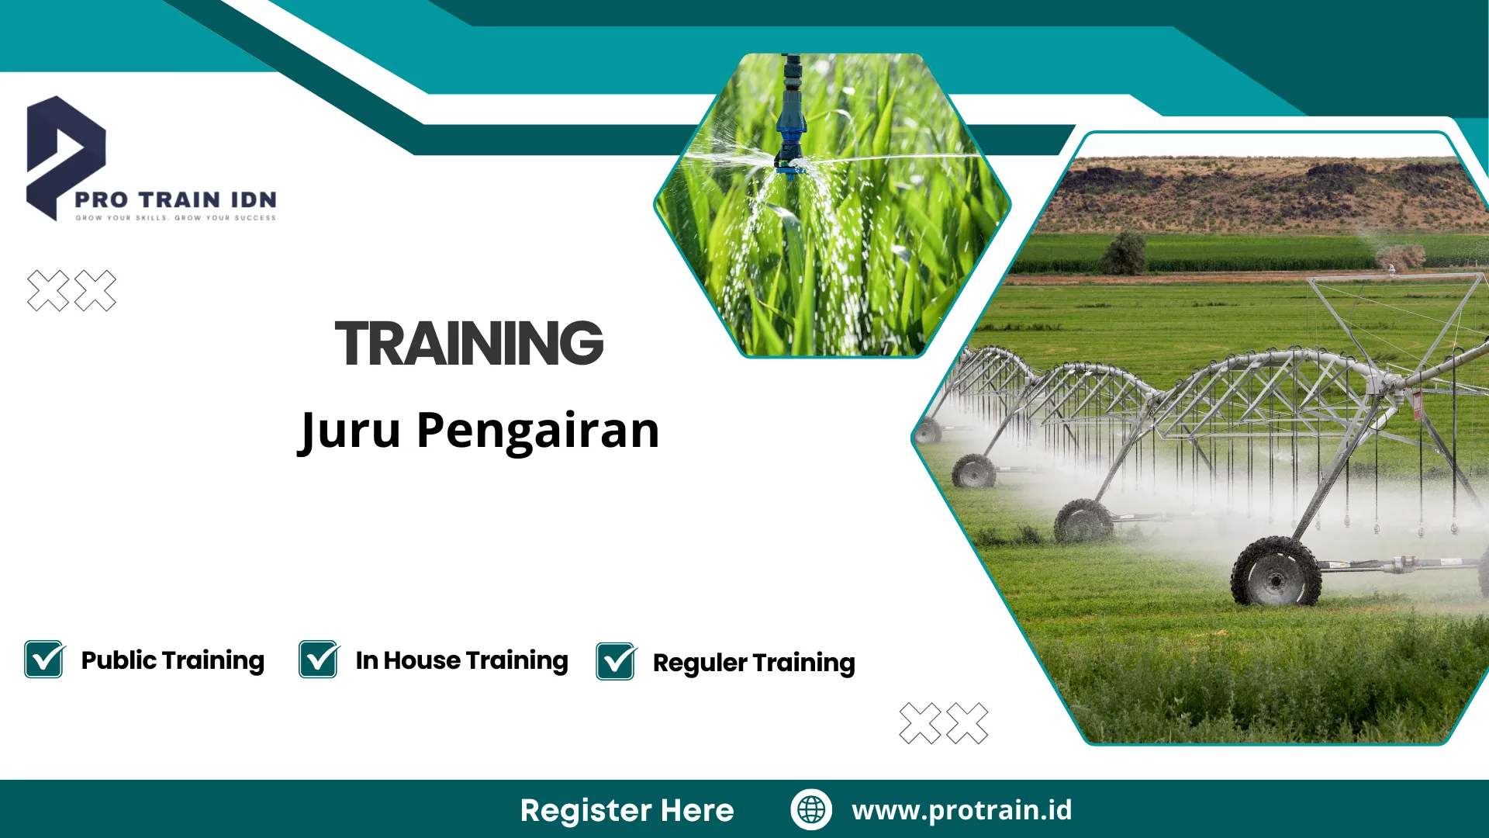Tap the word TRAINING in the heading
[469, 343]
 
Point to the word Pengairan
[537, 431]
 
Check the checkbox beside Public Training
[44, 660]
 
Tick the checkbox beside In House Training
[319, 660]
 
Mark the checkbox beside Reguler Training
[616, 662]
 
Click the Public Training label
[172, 660]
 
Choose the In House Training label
[461, 660]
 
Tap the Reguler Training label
[754, 663]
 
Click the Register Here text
[627, 810]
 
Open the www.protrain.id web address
[962, 810]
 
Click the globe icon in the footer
[811, 809]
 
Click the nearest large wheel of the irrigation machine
[1276, 573]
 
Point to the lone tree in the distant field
[1124, 253]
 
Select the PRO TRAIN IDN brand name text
[175, 200]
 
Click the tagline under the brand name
[175, 218]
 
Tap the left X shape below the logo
[48, 291]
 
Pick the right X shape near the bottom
[967, 723]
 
